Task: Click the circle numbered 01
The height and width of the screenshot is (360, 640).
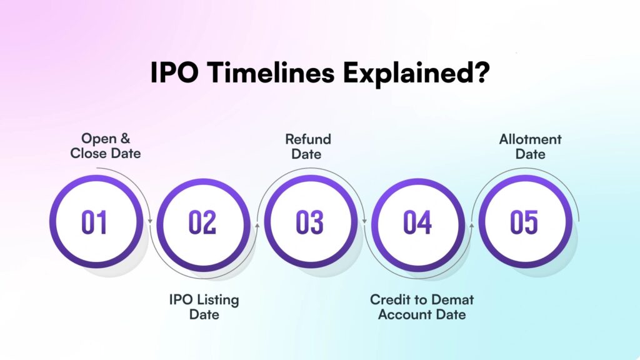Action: [x=96, y=222]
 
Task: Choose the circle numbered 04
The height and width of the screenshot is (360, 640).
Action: [x=417, y=222]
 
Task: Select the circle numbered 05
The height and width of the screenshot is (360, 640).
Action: [x=525, y=222]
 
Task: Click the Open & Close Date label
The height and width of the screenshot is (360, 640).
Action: [x=106, y=146]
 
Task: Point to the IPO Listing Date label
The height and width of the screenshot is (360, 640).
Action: [x=204, y=306]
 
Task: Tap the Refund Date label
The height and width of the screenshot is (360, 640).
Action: [x=308, y=146]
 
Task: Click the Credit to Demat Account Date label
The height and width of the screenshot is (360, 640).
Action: [x=422, y=306]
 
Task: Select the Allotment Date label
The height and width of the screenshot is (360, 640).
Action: [x=530, y=146]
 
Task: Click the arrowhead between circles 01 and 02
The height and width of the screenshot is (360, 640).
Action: [x=150, y=221]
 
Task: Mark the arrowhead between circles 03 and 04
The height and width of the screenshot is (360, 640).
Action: [x=364, y=221]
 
